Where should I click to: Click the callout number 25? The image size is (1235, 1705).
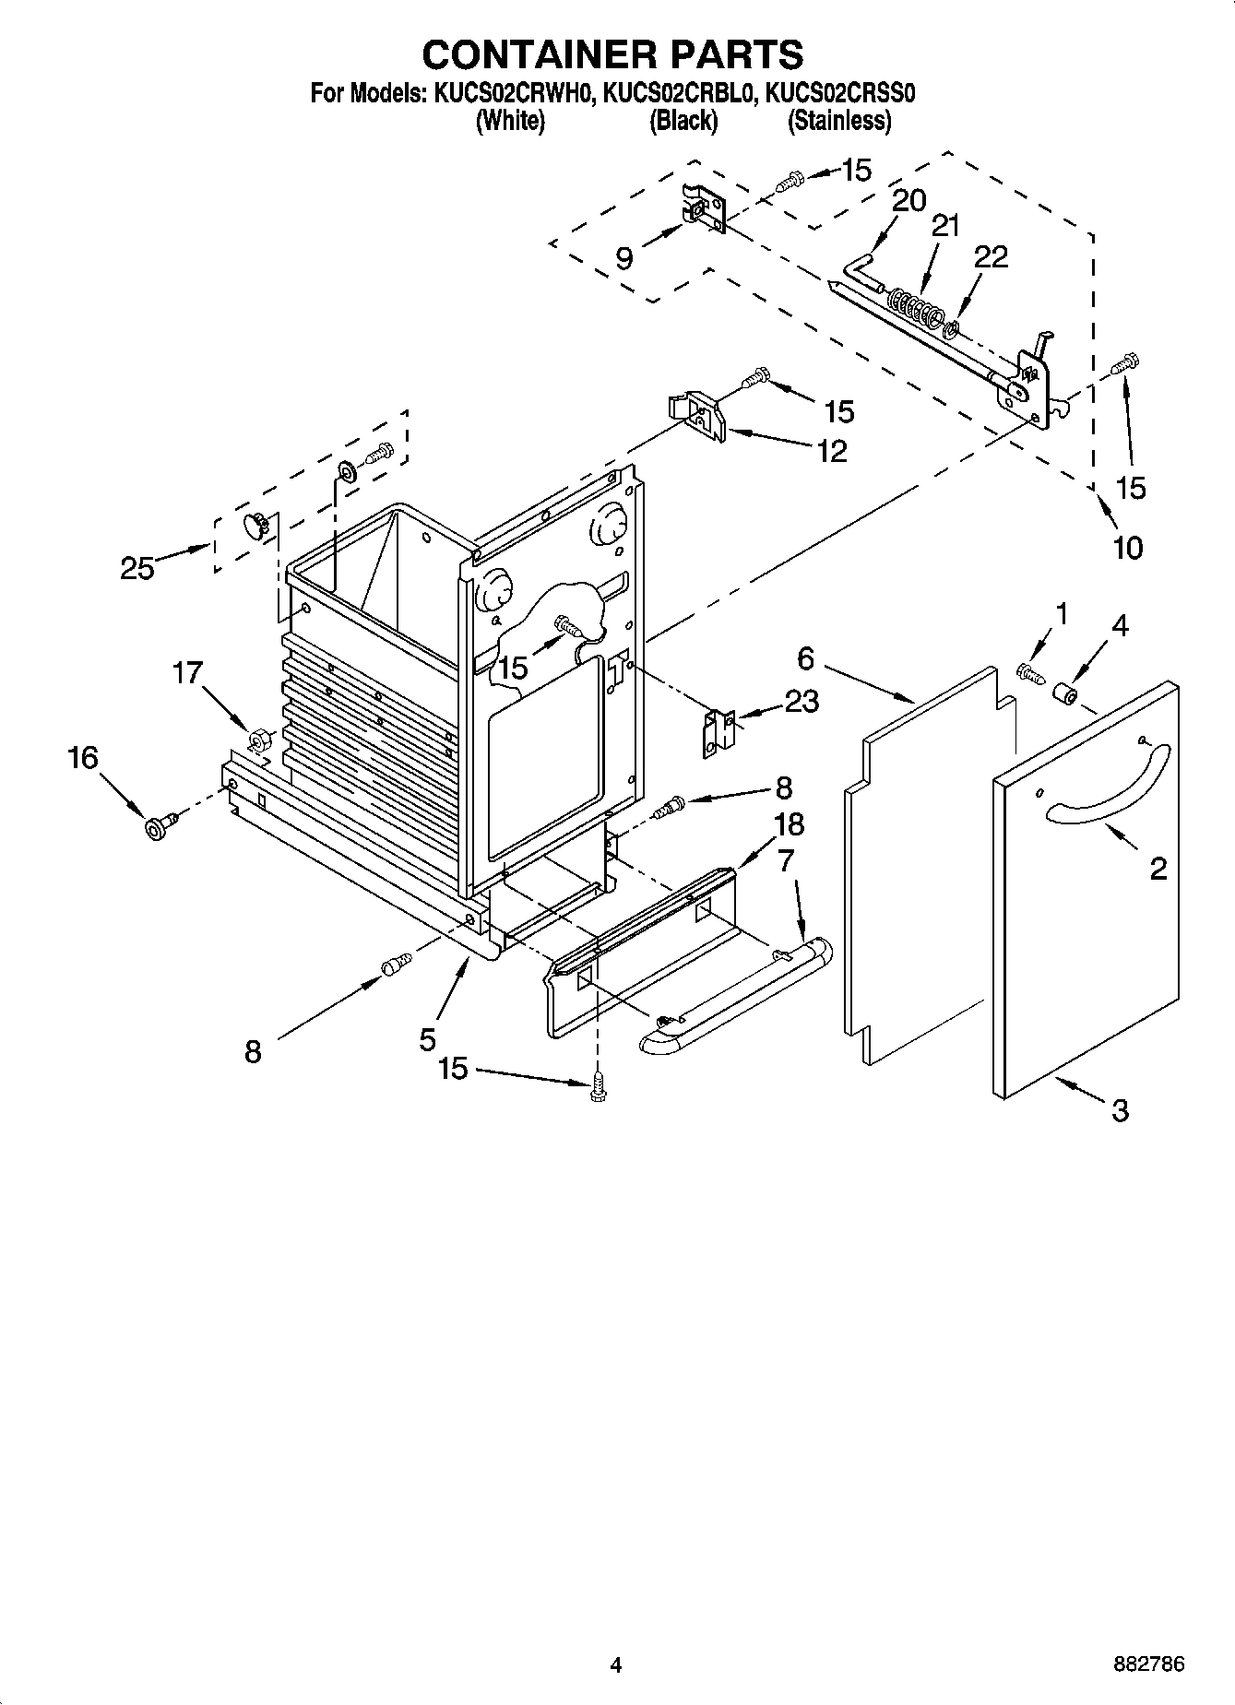[x=137, y=569]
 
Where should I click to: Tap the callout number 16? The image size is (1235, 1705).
[x=82, y=758]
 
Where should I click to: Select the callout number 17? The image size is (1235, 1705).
[x=187, y=673]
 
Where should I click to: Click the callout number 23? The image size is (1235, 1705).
[x=801, y=702]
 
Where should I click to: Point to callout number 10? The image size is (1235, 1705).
[x=1127, y=548]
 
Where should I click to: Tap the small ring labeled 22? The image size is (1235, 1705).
[x=954, y=326]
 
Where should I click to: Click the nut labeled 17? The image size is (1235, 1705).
[x=259, y=739]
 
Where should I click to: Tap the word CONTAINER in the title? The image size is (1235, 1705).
[x=535, y=55]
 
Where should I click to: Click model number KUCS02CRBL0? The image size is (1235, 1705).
[x=683, y=93]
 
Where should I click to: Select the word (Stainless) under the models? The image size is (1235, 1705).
[x=838, y=121]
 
